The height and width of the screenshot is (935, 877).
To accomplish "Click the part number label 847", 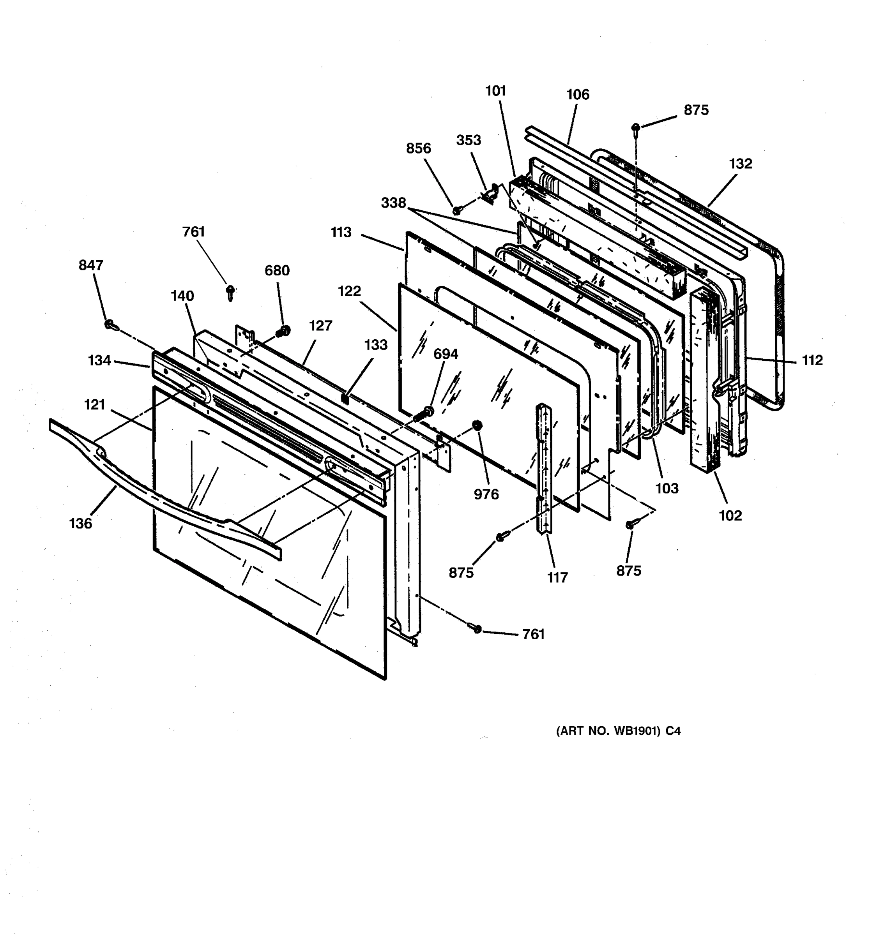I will tap(91, 265).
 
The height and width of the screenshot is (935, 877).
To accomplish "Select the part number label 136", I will tap(80, 524).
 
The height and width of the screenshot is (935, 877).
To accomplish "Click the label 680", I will tap(277, 270).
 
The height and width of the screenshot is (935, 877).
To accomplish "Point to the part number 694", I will tap(446, 354).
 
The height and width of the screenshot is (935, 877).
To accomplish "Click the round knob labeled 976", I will tap(477, 425).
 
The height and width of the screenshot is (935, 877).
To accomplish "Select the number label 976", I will tap(486, 494).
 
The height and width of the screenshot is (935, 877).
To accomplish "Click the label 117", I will tap(557, 577).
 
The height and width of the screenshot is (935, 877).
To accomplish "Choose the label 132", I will tap(741, 164).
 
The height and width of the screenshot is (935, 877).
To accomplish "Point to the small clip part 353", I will tap(489, 193).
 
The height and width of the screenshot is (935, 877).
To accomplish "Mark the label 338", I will tap(393, 203).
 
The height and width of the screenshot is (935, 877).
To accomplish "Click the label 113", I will tap(341, 232).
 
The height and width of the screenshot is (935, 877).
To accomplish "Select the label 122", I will tap(349, 291).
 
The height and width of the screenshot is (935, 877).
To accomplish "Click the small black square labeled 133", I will tap(345, 399).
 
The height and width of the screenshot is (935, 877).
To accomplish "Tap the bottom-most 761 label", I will tap(534, 635).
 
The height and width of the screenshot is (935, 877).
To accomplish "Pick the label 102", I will tap(730, 515).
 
